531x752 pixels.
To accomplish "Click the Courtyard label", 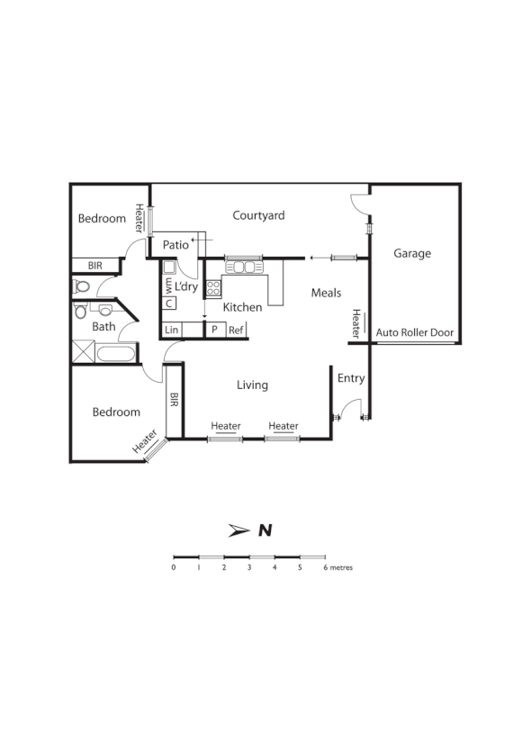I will pyautogui.click(x=258, y=215).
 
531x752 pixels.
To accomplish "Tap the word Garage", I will pyautogui.click(x=412, y=253).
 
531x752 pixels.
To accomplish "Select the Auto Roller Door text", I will pyautogui.click(x=414, y=332).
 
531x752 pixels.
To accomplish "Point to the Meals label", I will pyautogui.click(x=326, y=293).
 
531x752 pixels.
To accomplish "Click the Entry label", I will pyautogui.click(x=351, y=378).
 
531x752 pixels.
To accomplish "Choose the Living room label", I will pyautogui.click(x=252, y=385).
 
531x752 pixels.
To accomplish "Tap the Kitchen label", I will pyautogui.click(x=242, y=307).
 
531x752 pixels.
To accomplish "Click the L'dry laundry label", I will pyautogui.click(x=186, y=286).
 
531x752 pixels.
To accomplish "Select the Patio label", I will pyautogui.click(x=175, y=244).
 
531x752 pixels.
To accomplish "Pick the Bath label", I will pyautogui.click(x=103, y=327).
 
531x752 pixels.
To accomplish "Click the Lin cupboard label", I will pyautogui.click(x=172, y=331).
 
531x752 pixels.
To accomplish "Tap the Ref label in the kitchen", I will pyautogui.click(x=236, y=331).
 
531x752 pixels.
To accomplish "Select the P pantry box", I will pyautogui.click(x=214, y=331).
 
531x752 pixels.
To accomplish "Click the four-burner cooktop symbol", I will pyautogui.click(x=214, y=288).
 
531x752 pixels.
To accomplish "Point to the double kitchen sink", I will pyautogui.click(x=241, y=266).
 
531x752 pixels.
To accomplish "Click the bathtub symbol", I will pyautogui.click(x=115, y=352).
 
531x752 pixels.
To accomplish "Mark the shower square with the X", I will pyautogui.click(x=83, y=352).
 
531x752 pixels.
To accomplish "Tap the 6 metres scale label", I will pyautogui.click(x=337, y=568).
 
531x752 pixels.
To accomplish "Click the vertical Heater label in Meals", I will pyautogui.click(x=356, y=322).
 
